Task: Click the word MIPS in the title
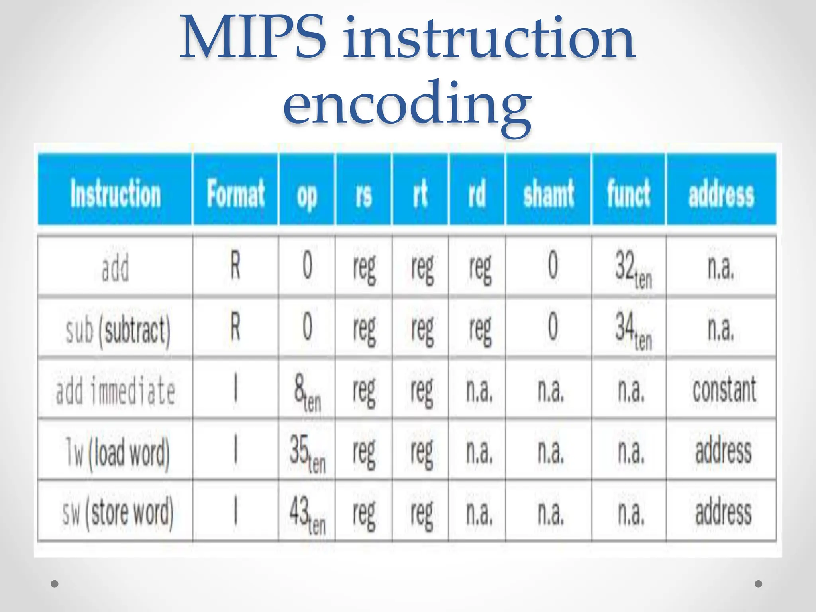pyautogui.click(x=253, y=38)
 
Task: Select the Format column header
pyautogui.click(x=235, y=194)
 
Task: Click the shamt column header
pyautogui.click(x=549, y=194)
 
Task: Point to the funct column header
pyautogui.click(x=628, y=194)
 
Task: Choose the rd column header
pyautogui.click(x=477, y=194)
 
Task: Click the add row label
pyautogui.click(x=115, y=268)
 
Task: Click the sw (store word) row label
pyautogui.click(x=118, y=513)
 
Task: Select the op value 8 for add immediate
pyautogui.click(x=307, y=392)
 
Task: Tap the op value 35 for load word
pyautogui.click(x=307, y=453)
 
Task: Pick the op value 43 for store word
pyautogui.click(x=307, y=514)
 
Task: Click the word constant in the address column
pyautogui.click(x=724, y=390)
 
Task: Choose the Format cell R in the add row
pyautogui.click(x=235, y=266)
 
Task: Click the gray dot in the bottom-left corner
pyautogui.click(x=55, y=584)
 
